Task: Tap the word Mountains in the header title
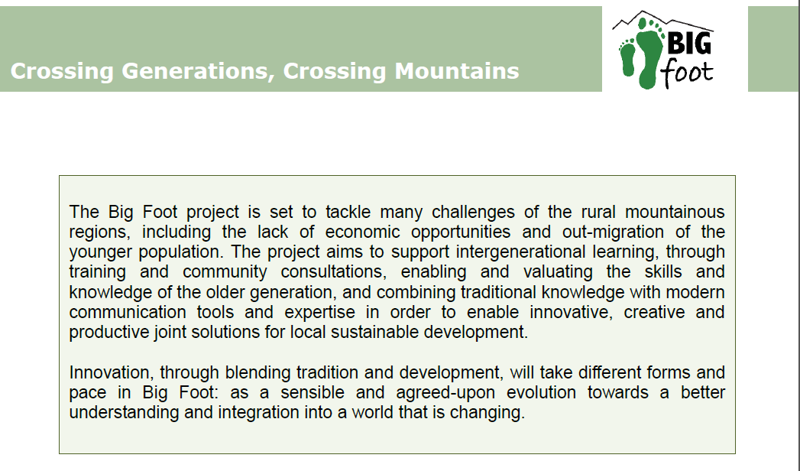click(x=457, y=71)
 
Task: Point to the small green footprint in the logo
click(x=627, y=57)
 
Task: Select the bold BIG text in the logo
click(x=688, y=43)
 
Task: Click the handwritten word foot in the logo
click(x=687, y=73)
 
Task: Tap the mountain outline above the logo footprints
click(x=662, y=21)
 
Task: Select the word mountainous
click(x=675, y=212)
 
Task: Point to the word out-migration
click(x=613, y=232)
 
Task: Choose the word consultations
click(x=333, y=272)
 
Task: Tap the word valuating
click(x=558, y=272)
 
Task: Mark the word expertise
click(x=319, y=312)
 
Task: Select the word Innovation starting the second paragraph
click(x=112, y=372)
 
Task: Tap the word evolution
click(x=541, y=392)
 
